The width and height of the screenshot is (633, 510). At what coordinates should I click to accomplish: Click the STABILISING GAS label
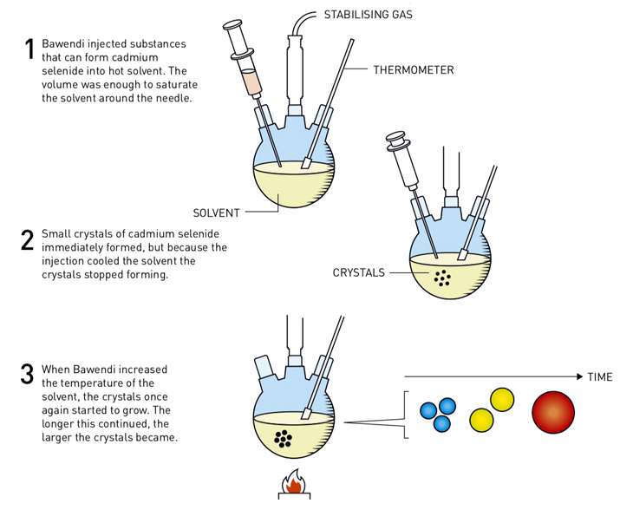[x=367, y=15]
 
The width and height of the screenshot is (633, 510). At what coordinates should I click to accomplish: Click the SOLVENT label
[x=216, y=212]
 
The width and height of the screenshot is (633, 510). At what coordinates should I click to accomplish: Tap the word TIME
[x=600, y=377]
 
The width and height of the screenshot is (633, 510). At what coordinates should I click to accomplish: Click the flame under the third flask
[x=294, y=482]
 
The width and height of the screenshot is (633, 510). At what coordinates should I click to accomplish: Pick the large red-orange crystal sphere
[x=552, y=413]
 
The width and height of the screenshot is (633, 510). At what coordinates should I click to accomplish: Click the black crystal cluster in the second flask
[x=442, y=278]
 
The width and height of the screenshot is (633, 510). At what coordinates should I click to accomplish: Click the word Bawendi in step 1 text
[x=66, y=44]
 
